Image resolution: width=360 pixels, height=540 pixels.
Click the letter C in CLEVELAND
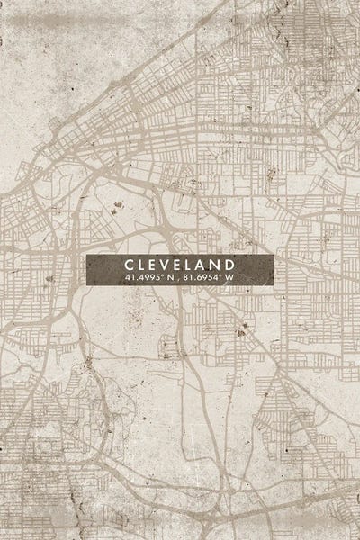pos(130,264)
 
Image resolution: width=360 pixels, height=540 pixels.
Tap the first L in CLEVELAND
pos(143,264)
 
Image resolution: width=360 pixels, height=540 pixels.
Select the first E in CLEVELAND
pos(156,264)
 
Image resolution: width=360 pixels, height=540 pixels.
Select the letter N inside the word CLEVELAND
pos(219,264)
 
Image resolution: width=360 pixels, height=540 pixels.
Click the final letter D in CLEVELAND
pos(232,264)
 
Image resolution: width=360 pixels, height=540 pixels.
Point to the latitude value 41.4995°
pos(144,278)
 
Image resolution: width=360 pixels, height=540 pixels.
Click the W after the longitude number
pos(229,278)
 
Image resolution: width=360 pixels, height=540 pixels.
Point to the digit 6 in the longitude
pos(198,278)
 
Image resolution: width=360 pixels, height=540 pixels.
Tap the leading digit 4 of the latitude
pos(128,278)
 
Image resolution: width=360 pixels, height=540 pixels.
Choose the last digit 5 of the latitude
pos(157,278)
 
